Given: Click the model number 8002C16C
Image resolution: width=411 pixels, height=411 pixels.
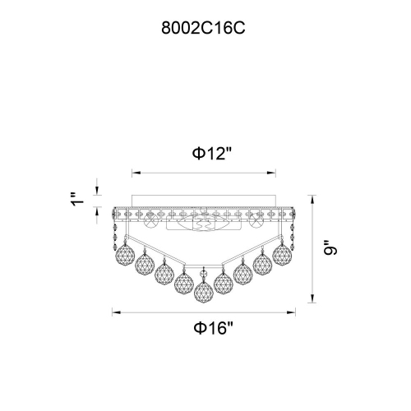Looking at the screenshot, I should point(205,25).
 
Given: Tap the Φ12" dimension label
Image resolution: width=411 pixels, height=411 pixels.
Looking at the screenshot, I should point(205,154).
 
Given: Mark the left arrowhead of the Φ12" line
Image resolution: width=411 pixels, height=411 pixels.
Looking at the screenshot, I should point(136,173).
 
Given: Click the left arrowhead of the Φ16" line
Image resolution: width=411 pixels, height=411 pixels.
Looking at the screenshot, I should point(115,312).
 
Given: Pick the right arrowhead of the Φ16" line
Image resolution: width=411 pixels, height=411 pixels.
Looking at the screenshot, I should point(297,312).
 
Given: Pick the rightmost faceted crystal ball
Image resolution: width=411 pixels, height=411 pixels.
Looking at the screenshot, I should point(283,254).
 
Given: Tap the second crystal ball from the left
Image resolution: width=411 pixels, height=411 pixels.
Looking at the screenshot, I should point(145,265).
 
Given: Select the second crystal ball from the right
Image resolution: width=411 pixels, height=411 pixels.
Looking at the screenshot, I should point(263,265).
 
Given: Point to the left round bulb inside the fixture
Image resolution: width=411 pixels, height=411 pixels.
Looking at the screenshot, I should point(153,221).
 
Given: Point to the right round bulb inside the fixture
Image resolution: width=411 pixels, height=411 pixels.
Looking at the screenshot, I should point(257,221).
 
